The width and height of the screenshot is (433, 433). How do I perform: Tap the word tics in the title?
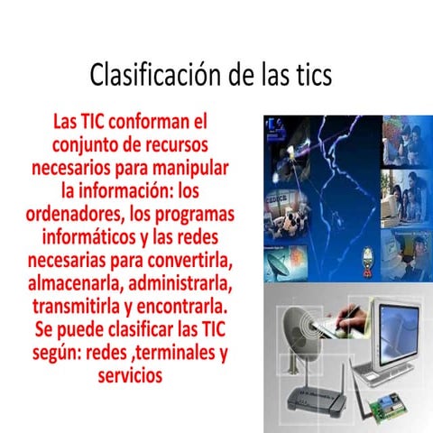pos(309,74)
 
